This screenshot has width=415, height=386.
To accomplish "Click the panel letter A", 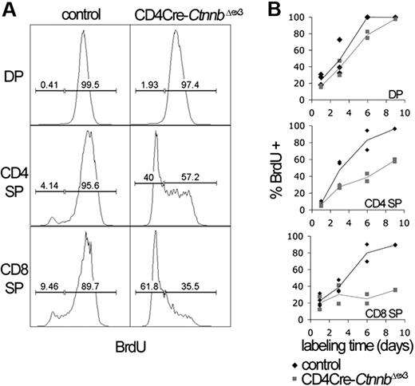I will (7, 9).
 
